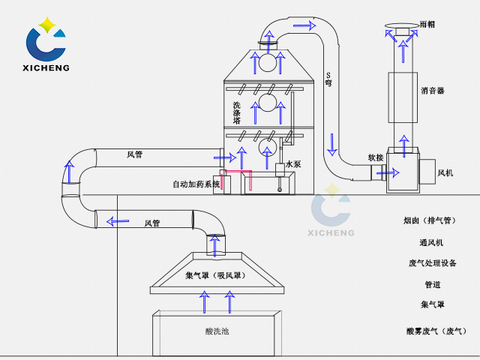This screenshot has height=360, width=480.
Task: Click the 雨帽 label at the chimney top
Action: point(427,24)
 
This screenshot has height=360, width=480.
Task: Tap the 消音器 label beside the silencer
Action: point(433,91)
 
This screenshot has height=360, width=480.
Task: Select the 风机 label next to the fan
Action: point(445,172)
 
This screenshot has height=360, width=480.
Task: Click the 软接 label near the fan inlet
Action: point(376,157)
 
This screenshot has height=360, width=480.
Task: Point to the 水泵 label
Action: point(292,164)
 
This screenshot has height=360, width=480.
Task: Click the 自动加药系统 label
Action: point(196,184)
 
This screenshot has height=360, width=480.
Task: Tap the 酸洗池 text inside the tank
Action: point(217,331)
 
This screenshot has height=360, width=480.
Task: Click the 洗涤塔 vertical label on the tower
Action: point(237,112)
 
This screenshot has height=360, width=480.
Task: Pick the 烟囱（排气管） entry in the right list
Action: point(429,220)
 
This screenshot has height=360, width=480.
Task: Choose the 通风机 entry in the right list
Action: point(431,242)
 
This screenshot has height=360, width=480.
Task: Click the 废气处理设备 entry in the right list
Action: point(433,263)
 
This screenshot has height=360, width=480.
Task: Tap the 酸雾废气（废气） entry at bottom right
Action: point(436,331)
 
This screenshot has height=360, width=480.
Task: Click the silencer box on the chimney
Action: point(403,97)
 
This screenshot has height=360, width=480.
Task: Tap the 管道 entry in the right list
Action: point(432,285)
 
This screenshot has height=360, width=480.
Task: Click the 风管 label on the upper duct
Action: point(135,154)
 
